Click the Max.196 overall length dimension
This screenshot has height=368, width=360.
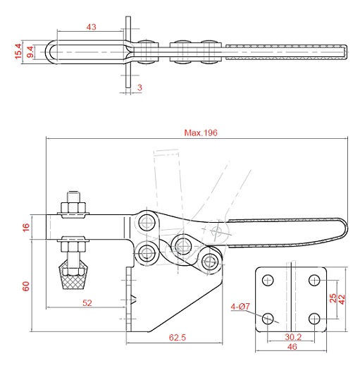(201, 133)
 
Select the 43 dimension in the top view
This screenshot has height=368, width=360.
(91, 27)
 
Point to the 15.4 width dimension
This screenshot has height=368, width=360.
(18, 51)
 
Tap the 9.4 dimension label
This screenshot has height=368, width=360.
(30, 52)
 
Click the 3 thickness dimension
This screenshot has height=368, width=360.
(139, 87)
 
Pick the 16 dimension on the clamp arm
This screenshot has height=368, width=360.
(26, 227)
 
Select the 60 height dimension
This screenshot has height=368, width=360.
(26, 286)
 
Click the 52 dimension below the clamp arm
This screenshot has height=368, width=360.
(87, 303)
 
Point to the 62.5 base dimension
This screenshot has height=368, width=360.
(178, 338)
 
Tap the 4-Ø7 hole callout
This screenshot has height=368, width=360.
(240, 307)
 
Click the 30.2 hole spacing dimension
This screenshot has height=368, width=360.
(293, 337)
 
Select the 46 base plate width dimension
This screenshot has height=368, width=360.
(292, 346)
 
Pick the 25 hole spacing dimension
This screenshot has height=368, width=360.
(333, 298)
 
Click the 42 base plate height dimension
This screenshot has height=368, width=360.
(342, 300)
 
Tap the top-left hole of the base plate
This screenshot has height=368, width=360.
(268, 280)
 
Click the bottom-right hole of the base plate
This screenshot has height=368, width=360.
(314, 319)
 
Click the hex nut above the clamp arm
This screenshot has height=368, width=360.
(73, 207)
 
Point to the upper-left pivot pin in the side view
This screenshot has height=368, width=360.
(147, 222)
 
